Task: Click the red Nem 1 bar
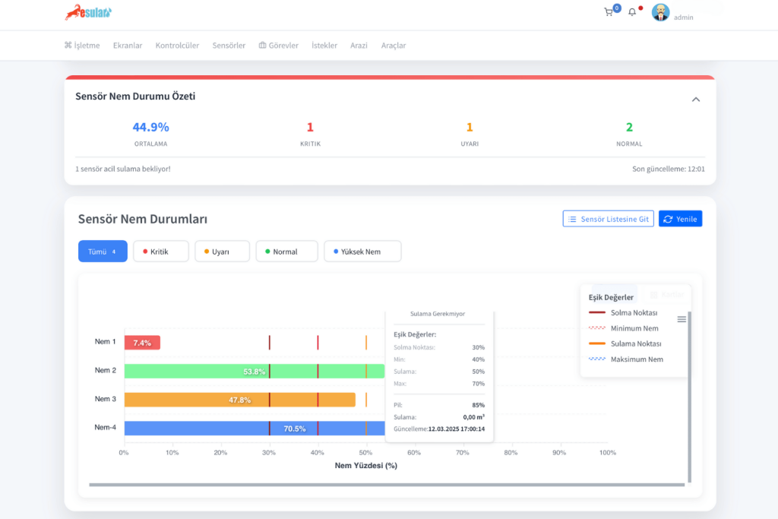pos(142,343)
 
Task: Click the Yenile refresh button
pos(680,219)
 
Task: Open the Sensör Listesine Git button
pos(608,219)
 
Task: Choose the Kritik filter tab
pos(160,252)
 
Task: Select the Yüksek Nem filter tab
pos(362,252)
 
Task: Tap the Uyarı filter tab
pos(222,252)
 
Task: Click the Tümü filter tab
pos(103,252)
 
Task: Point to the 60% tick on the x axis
pos(414,453)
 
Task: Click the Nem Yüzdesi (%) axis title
pos(365,466)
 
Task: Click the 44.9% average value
pos(150,128)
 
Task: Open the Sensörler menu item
pos(229,46)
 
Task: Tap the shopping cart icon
pos(609,12)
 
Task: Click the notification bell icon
pos(632,12)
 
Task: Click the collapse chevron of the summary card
pos(696,100)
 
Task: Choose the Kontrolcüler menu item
pos(177,46)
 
